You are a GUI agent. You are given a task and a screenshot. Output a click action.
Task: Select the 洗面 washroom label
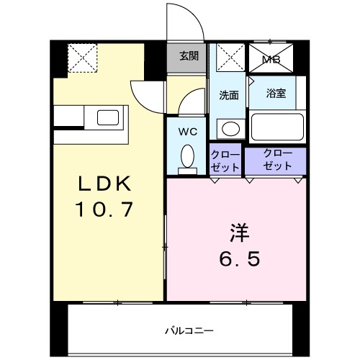(x=229, y=94)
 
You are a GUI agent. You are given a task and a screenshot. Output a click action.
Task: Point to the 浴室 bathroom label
(x=276, y=93)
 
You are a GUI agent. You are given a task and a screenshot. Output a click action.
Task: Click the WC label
(x=187, y=132)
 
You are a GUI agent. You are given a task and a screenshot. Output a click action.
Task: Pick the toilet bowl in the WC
(x=187, y=157)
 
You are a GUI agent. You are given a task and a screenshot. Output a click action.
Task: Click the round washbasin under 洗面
(x=230, y=129)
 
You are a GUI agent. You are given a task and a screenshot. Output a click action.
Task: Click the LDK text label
(x=105, y=185)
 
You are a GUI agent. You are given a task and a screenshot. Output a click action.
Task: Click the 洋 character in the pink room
(x=240, y=233)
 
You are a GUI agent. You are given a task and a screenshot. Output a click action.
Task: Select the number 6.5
(x=240, y=258)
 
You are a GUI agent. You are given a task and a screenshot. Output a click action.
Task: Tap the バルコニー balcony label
(x=189, y=331)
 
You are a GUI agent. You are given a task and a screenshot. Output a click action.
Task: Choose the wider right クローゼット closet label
(x=278, y=159)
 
